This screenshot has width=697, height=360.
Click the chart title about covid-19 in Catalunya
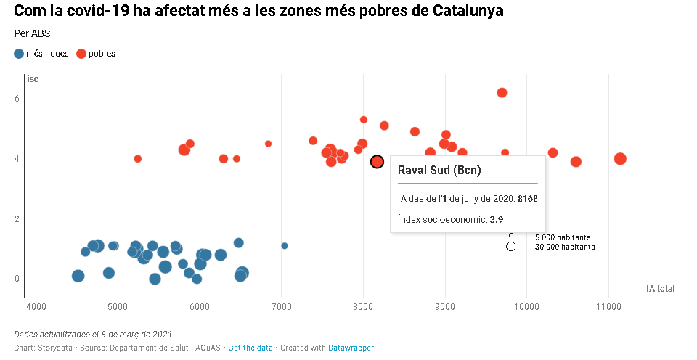[258, 12]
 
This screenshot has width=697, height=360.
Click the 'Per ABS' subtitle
[32, 34]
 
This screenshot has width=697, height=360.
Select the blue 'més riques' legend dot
[19, 54]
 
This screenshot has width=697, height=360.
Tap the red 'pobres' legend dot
[81, 54]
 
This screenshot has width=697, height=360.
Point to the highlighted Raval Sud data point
[377, 162]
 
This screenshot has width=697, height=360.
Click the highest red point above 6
[502, 93]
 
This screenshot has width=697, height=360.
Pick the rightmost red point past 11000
[620, 159]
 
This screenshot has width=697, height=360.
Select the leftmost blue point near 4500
[78, 276]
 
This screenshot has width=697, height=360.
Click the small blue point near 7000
[285, 246]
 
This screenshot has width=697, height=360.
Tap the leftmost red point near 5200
[138, 159]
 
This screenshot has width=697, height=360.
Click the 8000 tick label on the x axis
[363, 308]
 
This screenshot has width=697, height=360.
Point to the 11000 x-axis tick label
[608, 308]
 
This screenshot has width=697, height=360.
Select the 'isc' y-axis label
[33, 79]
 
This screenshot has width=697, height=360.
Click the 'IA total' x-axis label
[660, 289]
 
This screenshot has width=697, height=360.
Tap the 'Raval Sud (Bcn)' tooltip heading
[440, 171]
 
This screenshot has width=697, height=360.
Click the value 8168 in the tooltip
[528, 198]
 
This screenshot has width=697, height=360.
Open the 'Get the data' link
[250, 348]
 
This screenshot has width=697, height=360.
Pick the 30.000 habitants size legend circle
[511, 247]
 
